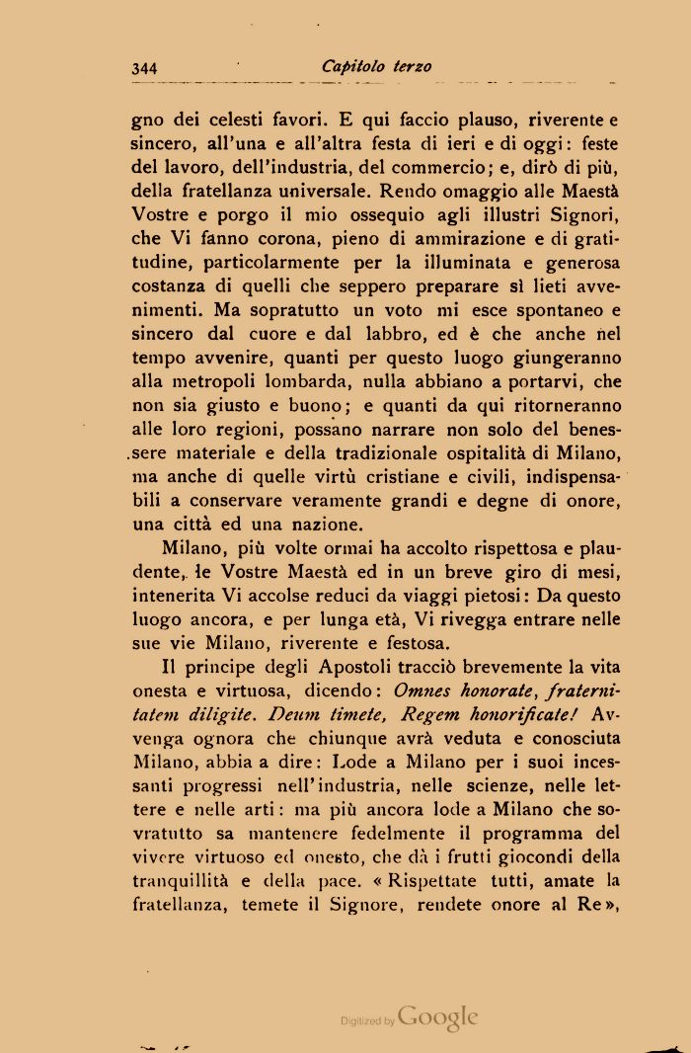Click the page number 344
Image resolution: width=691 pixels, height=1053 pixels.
point(144,68)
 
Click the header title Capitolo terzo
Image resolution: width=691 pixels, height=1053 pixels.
point(376,67)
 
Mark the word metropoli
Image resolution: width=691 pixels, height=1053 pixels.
point(219,381)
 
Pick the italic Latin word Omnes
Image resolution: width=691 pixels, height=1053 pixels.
point(424,692)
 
